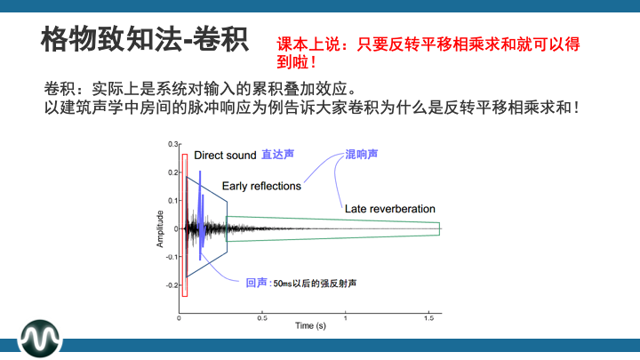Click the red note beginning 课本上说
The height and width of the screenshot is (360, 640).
point(434,52)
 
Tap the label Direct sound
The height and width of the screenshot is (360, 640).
point(225,155)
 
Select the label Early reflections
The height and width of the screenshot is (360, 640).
point(261,187)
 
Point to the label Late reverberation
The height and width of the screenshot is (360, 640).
point(389,209)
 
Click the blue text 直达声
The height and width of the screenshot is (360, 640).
point(277,154)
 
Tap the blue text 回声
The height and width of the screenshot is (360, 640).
point(256,283)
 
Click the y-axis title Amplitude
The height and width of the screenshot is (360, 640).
point(161,228)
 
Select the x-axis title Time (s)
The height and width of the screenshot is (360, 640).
point(310,326)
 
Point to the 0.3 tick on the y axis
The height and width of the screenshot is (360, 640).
point(173,143)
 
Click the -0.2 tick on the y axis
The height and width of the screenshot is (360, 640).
point(172,285)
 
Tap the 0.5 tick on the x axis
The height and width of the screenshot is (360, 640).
point(262,317)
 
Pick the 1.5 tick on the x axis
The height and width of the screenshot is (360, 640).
point(428,317)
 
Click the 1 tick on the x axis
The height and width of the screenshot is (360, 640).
point(346,317)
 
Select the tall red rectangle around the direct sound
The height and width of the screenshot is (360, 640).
point(185,225)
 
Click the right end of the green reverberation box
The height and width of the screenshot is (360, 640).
point(439,228)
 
